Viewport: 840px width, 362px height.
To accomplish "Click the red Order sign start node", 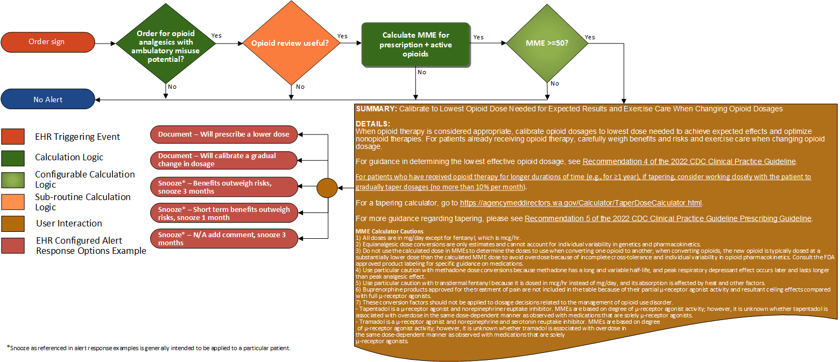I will (x=48, y=42).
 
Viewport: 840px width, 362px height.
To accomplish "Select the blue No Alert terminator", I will (x=48, y=99).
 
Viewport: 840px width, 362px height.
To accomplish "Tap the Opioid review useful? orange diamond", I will (x=291, y=42).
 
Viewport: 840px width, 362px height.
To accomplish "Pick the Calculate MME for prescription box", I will (x=415, y=45).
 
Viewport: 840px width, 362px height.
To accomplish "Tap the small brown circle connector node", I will (x=327, y=188).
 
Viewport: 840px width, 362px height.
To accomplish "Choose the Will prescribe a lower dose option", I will (x=223, y=134).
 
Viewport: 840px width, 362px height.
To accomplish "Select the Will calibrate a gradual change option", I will (x=223, y=160).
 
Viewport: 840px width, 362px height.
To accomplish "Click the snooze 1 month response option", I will (x=223, y=213).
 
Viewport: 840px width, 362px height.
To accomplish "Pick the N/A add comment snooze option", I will (x=223, y=238).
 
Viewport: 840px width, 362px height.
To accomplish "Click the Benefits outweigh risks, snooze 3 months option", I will (x=223, y=187).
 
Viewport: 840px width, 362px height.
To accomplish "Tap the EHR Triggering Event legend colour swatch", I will (x=13, y=137).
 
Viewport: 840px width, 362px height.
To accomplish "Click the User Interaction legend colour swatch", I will (x=13, y=223).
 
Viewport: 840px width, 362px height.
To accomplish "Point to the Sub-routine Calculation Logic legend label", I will (x=82, y=202).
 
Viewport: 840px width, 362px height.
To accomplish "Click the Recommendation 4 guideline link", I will (x=688, y=161).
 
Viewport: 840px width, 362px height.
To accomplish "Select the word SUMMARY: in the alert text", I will (x=376, y=109).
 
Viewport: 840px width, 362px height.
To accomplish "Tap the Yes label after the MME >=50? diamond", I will (x=589, y=37).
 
